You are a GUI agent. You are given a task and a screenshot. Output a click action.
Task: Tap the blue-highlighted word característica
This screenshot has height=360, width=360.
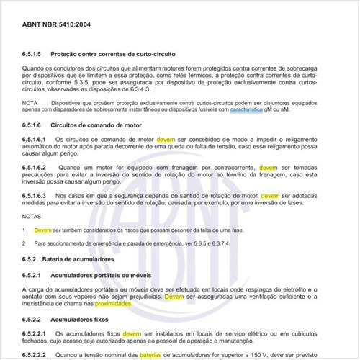point(253,111)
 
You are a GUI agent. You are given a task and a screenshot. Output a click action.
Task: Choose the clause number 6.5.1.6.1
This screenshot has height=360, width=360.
point(40,138)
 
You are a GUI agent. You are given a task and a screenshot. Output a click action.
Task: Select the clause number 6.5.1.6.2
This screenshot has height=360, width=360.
point(40,167)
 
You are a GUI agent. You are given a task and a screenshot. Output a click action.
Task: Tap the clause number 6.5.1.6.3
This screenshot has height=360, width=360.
point(40,196)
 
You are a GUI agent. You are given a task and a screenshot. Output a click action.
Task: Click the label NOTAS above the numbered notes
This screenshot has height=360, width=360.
point(32,215)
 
